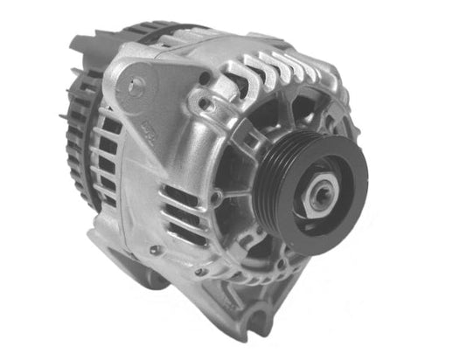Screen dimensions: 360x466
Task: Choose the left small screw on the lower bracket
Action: [x=156, y=249]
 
